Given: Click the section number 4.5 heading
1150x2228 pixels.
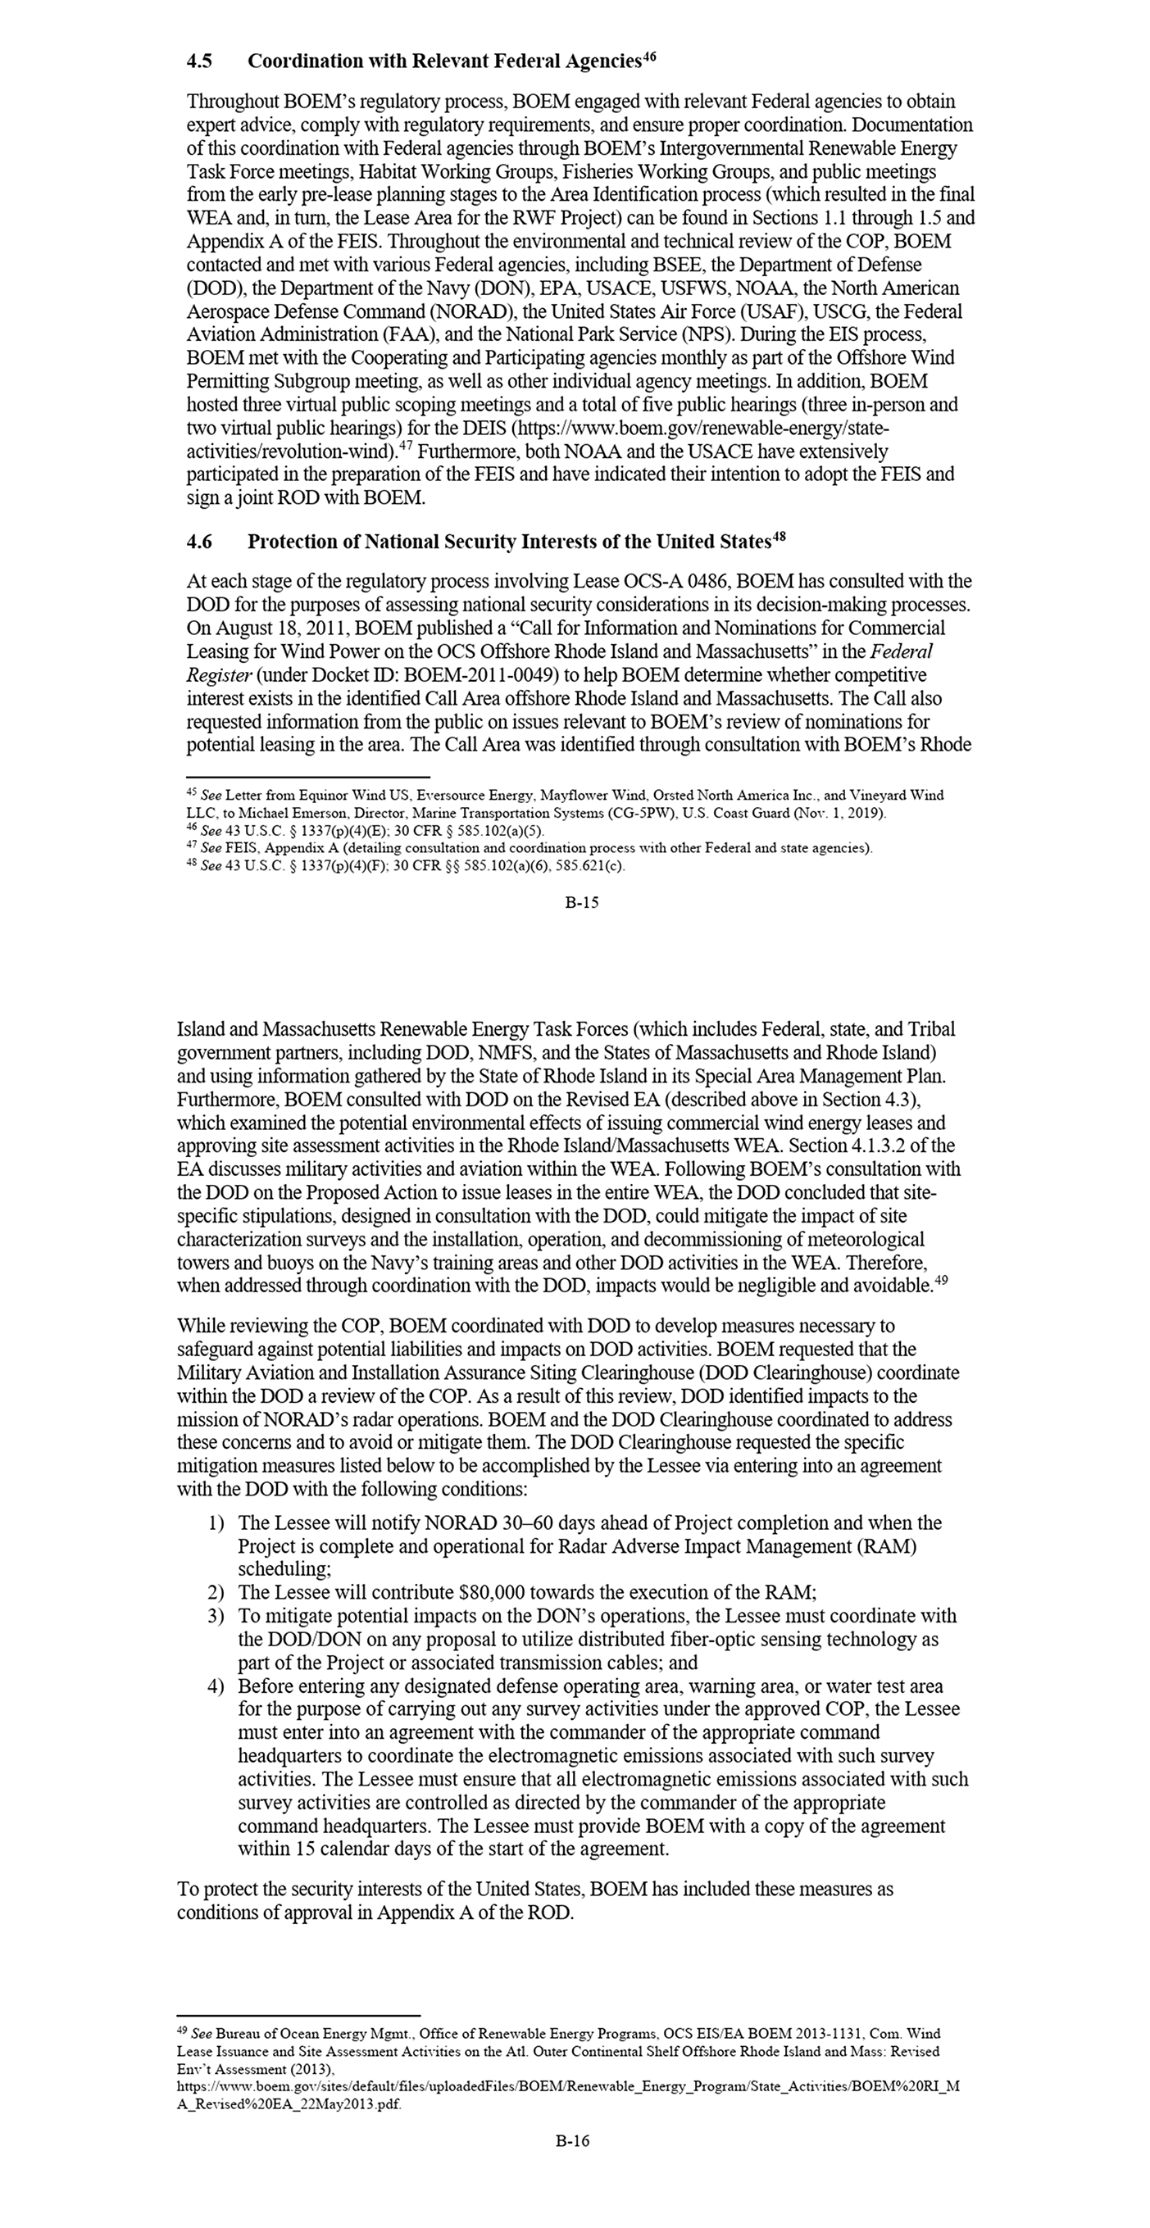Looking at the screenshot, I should click(200, 61).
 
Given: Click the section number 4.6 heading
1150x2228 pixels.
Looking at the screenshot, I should click(200, 542).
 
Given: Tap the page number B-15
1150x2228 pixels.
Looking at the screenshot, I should click(581, 902).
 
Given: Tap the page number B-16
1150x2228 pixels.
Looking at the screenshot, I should click(573, 2140).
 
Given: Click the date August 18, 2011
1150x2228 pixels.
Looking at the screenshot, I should click(282, 628).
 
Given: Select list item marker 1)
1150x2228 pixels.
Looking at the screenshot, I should click(216, 1522).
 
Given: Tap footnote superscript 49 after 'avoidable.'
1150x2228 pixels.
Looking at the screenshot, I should click(942, 1281).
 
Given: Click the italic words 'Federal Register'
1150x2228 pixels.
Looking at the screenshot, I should click(900, 651).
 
